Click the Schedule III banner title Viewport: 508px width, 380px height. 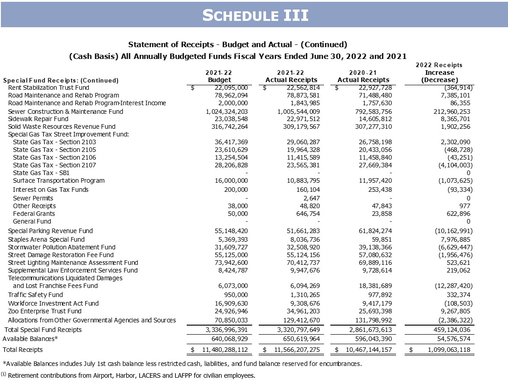(x=255, y=15)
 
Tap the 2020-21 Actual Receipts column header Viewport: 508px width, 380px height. (x=363, y=76)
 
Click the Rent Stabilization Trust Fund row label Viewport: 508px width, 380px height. (x=48, y=88)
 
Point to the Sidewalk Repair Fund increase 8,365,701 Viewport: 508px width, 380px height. (x=453, y=119)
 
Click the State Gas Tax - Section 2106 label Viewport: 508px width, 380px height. (x=54, y=157)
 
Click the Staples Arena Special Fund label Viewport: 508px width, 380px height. (x=46, y=239)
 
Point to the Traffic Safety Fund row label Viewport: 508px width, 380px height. (x=35, y=295)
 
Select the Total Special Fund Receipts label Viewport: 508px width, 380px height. (x=43, y=330)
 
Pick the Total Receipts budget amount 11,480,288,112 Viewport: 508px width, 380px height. (x=222, y=350)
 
